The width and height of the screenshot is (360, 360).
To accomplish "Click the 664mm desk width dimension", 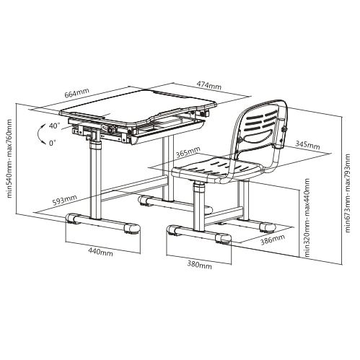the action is point(76,93).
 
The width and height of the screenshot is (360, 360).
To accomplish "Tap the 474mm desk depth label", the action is point(209,84).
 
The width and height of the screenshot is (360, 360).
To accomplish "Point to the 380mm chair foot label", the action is point(200,265).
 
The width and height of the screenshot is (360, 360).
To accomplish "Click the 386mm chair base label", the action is point(273,239).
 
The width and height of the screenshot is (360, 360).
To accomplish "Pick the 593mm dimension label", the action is point(65,200).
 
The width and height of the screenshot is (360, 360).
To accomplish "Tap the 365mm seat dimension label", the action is point(188,152).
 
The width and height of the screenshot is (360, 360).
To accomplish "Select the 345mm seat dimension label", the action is point(307,145).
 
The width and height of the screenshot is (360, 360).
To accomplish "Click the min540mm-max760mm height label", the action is point(9,158).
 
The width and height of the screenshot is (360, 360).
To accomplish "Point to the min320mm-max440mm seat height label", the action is point(307,218).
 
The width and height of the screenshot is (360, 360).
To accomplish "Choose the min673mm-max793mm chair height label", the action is point(348,193).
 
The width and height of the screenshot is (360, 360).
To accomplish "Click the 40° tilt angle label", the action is point(54,126).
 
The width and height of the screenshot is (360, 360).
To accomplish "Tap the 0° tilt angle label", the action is point(52,143).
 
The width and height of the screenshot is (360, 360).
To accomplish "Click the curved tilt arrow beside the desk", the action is point(38,133).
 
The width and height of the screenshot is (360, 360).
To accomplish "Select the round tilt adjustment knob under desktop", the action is point(111,129).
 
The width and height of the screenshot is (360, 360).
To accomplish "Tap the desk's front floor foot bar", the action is point(102,224).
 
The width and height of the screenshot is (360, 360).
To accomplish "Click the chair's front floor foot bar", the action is point(199,234).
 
